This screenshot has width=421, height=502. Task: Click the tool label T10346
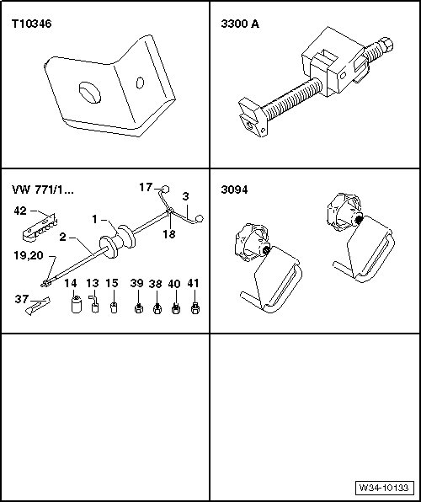[31, 24]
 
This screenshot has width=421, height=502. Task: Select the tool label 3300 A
[240, 24]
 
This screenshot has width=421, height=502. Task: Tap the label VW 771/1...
[43, 190]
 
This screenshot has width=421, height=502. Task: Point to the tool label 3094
[234, 190]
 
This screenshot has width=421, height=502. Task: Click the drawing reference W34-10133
[384, 488]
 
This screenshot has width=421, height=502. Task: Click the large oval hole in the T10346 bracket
[90, 93]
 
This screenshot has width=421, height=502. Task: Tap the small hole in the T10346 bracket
[140, 83]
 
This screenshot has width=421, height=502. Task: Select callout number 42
[20, 211]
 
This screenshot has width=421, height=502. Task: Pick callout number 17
[146, 187]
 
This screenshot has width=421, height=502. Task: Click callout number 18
[169, 234]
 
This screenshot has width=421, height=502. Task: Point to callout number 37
[22, 299]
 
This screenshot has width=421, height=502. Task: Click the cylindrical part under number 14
[76, 305]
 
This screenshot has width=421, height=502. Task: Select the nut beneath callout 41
[195, 308]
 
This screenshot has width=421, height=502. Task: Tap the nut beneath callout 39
[138, 308]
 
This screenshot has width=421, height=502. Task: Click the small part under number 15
[114, 307]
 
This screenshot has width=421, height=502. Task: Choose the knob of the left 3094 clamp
[251, 242]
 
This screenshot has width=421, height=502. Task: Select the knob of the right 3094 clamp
[344, 211]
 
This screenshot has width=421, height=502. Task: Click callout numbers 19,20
[28, 256]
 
